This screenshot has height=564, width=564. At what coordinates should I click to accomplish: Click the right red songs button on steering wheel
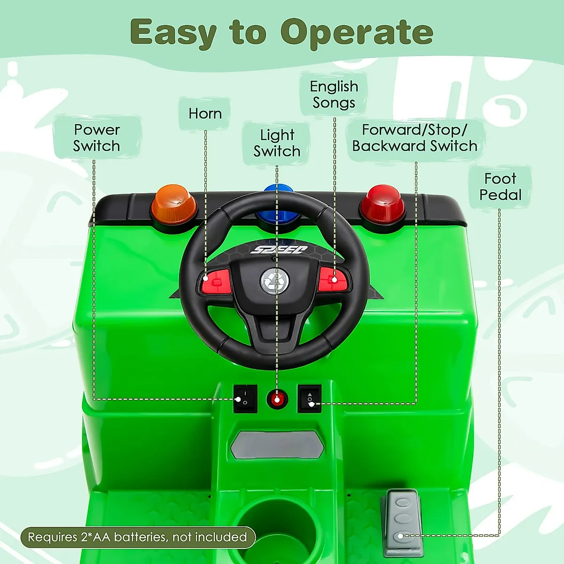[x=334, y=280]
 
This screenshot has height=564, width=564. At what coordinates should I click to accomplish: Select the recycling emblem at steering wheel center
[x=275, y=281]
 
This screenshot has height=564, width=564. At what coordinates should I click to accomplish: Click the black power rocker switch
[x=245, y=399]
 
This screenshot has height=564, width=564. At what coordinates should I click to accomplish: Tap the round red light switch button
[x=277, y=399]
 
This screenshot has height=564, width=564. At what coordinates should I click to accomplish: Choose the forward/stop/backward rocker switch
[x=310, y=399]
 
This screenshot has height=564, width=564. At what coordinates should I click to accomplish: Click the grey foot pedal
[x=402, y=517]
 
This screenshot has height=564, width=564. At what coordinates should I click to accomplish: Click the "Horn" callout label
[x=205, y=114]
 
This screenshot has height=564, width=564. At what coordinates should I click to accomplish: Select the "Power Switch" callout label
[x=97, y=138]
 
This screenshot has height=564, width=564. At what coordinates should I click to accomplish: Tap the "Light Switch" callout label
[x=277, y=143]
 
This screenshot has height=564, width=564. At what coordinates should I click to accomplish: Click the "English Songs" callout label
[x=334, y=94]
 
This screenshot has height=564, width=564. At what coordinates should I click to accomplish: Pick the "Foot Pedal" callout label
[x=501, y=187]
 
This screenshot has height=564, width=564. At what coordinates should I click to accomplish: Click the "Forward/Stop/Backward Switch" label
[x=415, y=138]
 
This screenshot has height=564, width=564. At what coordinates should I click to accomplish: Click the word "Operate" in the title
[x=357, y=32]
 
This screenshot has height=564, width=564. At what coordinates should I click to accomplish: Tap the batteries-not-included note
[x=137, y=537]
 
